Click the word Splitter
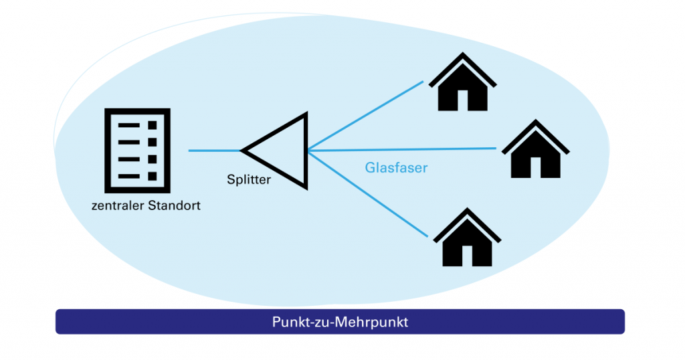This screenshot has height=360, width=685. [x=248, y=180]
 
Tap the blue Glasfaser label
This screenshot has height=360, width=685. [x=396, y=168]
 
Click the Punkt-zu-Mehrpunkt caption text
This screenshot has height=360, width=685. [x=340, y=322]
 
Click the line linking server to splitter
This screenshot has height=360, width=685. [x=214, y=151]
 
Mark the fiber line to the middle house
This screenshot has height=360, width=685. [x=401, y=149]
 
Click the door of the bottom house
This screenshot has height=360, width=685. [x=468, y=256]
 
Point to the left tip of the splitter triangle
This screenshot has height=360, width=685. [x=243, y=151]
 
